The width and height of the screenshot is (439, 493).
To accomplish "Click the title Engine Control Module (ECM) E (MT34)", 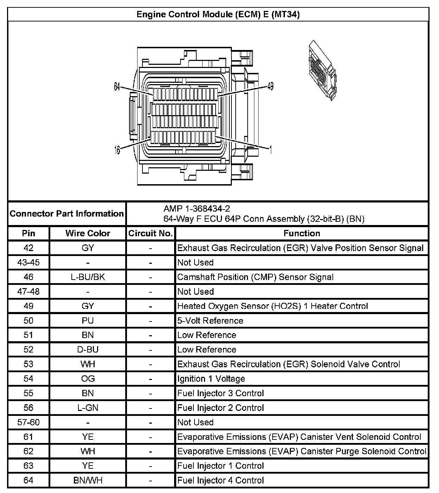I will tap(218, 14).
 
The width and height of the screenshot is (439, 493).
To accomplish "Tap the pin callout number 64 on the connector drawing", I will tap(117, 86).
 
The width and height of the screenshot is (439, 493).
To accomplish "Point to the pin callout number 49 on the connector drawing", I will tap(270, 86).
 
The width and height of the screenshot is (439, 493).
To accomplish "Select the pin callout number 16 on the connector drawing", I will tap(117, 150).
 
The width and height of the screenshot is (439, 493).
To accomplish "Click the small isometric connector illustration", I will tap(321, 71).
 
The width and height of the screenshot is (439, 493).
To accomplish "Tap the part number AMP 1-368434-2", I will tap(197, 209).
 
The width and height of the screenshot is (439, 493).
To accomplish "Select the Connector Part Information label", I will tap(66, 214).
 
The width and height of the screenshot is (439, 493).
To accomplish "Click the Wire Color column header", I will tap(88, 233).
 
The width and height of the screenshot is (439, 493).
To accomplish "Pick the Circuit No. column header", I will tap(151, 233).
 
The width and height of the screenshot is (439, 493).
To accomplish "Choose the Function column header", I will tap(302, 233).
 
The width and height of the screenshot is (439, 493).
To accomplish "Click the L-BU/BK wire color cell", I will tap(88, 277).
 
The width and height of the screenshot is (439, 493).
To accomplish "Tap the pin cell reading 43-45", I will tap(28, 263).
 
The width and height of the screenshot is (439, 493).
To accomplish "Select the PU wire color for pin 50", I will tap(88, 321).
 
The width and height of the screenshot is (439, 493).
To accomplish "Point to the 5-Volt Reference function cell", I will tap(210, 321).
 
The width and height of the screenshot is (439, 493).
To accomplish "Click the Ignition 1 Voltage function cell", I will tap(211, 379).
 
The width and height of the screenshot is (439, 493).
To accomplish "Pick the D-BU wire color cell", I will tap(88, 350).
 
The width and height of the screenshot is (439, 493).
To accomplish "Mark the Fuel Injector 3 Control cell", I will tap(221, 393).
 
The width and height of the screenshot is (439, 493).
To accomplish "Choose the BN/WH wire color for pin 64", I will tap(88, 480).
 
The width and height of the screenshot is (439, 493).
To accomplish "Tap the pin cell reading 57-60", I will tap(28, 422).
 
